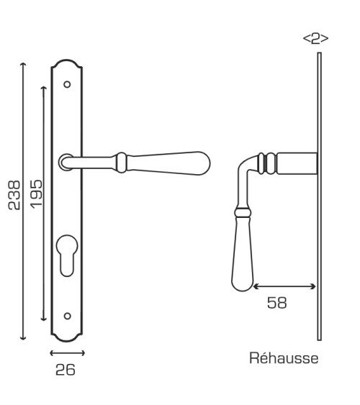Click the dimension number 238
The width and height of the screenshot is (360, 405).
(14, 195)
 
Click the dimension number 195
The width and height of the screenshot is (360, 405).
(36, 194)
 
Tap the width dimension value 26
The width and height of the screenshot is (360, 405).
(66, 370)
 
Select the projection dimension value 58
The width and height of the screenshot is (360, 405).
(276, 303)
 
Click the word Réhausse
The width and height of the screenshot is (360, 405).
(284, 358)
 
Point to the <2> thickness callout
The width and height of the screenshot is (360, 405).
(315, 39)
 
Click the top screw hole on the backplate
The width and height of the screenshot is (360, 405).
(67, 84)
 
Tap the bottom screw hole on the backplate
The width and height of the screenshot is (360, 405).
(67, 316)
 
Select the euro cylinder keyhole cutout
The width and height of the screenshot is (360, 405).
(67, 255)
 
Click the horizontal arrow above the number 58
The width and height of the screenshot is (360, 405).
(284, 286)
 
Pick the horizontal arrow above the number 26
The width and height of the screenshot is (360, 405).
(67, 353)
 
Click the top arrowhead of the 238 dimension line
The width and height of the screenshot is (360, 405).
(23, 64)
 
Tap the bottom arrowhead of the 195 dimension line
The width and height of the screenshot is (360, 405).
(44, 319)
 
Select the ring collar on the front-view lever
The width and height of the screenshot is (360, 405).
(121, 163)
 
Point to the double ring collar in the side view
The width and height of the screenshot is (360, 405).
(266, 163)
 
